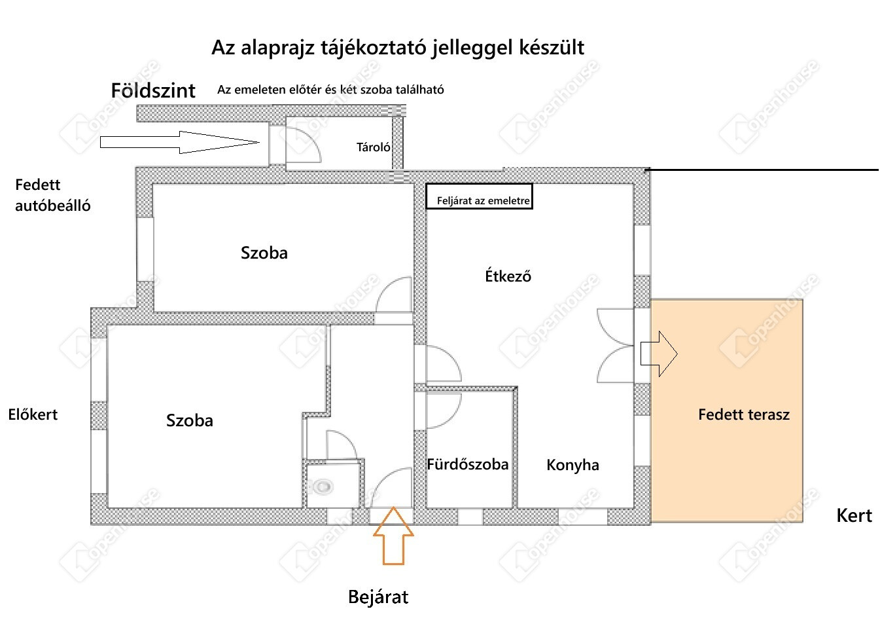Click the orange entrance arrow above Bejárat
(x=393, y=536)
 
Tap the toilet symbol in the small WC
(x=321, y=487)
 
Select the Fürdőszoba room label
(x=468, y=465)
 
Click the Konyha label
(x=572, y=466)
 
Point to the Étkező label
(x=508, y=276)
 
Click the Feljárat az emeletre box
(x=480, y=196)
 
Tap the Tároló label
(x=373, y=147)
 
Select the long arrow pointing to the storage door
(x=180, y=142)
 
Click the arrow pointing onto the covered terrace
(x=659, y=354)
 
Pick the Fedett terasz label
(x=744, y=414)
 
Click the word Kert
(x=854, y=515)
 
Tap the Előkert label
(x=33, y=414)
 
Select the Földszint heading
(x=153, y=91)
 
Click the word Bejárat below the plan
(x=378, y=597)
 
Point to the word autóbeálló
(x=52, y=206)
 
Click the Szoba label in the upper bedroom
(x=264, y=253)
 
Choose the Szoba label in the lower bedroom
(x=190, y=421)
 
